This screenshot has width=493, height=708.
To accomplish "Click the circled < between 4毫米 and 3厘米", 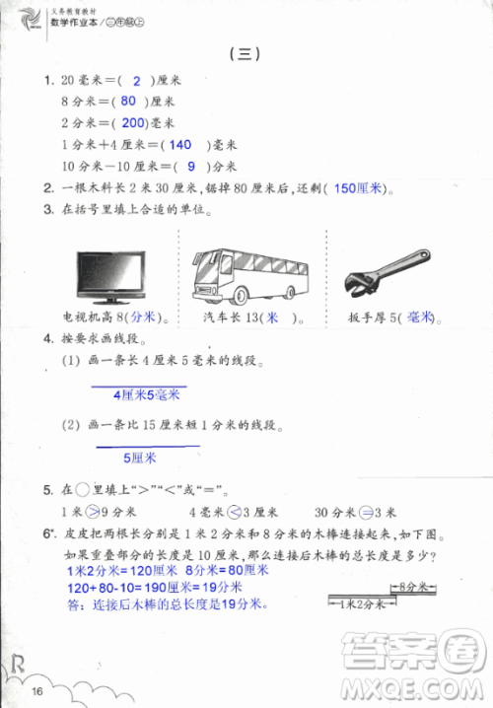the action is point(235,512).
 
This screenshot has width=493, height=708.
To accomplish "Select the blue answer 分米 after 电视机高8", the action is point(144,319).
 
